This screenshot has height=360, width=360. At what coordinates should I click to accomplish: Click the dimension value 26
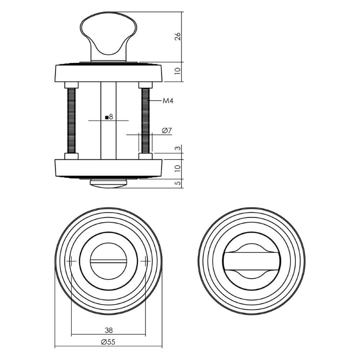point(177,37)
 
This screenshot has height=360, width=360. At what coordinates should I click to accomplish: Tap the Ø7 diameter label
point(166,131)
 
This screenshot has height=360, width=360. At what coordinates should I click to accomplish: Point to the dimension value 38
point(108,330)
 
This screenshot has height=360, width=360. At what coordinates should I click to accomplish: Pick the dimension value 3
point(177,149)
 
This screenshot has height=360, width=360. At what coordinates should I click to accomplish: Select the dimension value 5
point(177,183)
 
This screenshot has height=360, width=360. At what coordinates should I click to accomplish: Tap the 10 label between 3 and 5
point(177,168)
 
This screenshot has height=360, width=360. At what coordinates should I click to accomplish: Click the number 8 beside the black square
point(111,117)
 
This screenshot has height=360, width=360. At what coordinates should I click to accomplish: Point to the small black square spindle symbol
point(107,117)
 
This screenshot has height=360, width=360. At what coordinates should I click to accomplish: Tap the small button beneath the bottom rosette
point(108,183)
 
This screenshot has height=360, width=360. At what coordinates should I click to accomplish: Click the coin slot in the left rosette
point(108,260)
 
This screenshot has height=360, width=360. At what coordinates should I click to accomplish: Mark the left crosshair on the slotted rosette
point(71,260)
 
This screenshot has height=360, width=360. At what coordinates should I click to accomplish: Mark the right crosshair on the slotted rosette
point(145,260)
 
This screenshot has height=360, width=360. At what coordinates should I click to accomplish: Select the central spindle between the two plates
point(108,137)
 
